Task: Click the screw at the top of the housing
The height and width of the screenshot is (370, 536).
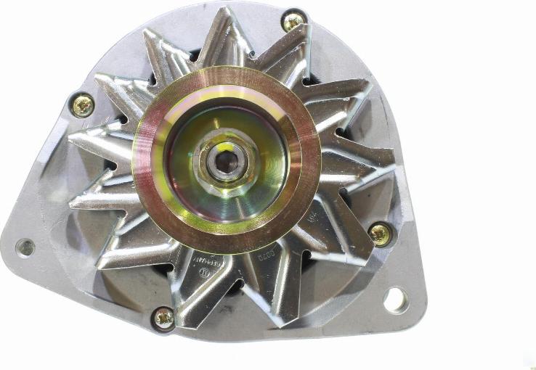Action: click(x=293, y=21)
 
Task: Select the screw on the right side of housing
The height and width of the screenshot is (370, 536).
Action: click(x=379, y=233)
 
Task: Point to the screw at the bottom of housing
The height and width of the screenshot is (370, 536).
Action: click(x=164, y=317)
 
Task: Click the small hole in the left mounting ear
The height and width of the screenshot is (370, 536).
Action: click(x=25, y=247)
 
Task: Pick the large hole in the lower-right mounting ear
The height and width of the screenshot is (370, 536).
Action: click(x=396, y=299)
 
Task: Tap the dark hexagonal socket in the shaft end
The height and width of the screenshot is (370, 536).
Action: click(x=226, y=161)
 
